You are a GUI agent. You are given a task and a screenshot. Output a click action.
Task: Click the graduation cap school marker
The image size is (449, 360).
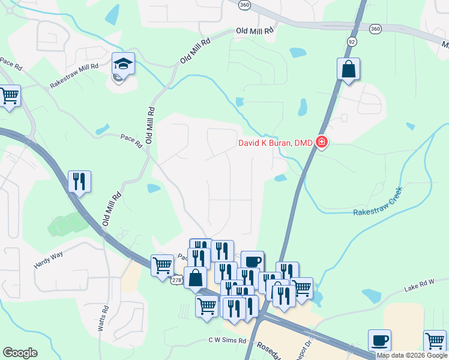click(123, 64)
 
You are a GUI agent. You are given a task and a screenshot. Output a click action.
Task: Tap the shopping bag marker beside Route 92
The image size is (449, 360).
click(348, 70)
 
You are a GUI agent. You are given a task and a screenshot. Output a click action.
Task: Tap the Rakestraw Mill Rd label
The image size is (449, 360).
click(74, 76)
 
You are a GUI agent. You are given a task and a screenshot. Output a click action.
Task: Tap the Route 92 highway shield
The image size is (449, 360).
click(352, 40)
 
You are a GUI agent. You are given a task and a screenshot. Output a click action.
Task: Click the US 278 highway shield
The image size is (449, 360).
click(176, 280)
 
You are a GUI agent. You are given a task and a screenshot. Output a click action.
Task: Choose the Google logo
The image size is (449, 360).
click(20, 353)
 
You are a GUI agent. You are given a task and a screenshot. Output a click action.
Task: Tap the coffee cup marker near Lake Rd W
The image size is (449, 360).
click(379, 340)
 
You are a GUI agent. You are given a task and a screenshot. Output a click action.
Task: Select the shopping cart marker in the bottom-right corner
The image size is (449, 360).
click(435, 341)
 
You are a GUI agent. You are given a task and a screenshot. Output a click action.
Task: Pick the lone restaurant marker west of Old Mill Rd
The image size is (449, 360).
click(79, 181)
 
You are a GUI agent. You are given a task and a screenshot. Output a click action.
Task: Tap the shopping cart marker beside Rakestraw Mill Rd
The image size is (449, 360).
click(9, 95)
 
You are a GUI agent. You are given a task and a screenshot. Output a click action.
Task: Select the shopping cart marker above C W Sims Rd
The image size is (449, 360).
click(207, 305)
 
